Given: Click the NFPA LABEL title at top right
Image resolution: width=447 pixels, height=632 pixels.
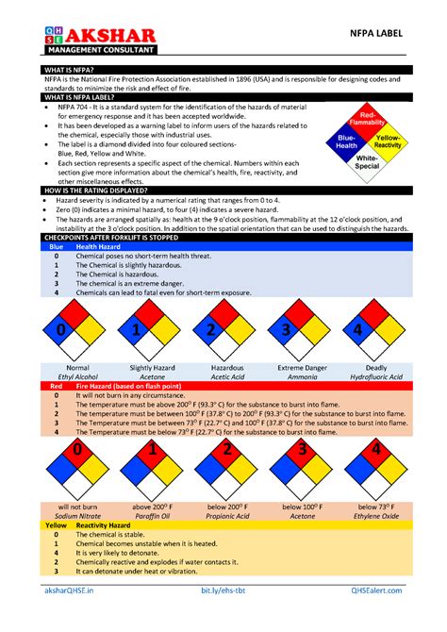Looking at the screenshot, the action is [382, 34].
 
